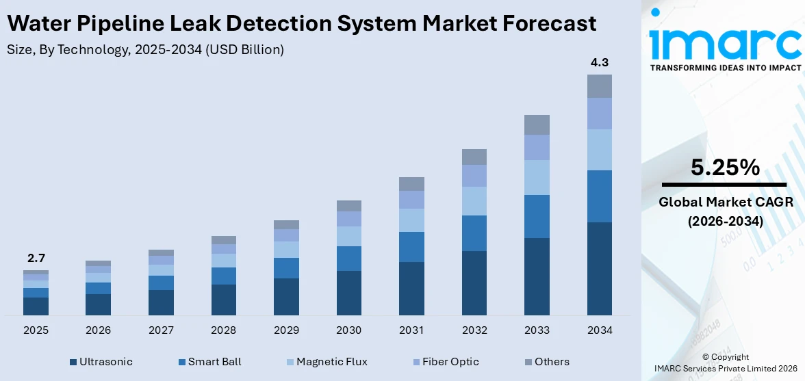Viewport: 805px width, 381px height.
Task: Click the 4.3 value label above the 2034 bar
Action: pyautogui.click(x=599, y=62)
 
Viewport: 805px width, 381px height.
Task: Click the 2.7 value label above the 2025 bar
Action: pyautogui.click(x=36, y=258)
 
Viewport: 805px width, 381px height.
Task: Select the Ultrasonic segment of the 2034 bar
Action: pyautogui.click(x=599, y=268)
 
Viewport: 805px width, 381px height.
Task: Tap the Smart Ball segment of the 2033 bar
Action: pyautogui.click(x=537, y=216)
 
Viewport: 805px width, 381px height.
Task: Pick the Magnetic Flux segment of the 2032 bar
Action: pyautogui.click(x=474, y=201)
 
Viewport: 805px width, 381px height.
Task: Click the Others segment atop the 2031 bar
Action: pyautogui.click(x=411, y=183)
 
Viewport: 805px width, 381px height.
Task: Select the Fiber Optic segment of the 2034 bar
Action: pyautogui.click(x=599, y=114)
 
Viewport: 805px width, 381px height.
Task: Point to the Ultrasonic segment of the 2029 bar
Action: pyautogui.click(x=286, y=296)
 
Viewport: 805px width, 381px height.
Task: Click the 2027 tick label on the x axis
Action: pyautogui.click(x=161, y=330)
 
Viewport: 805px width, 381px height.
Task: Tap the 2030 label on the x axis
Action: pyautogui.click(x=348, y=330)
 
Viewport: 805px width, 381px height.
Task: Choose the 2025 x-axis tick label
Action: pyautogui.click(x=36, y=330)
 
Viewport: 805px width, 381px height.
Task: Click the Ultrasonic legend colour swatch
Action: pyautogui.click(x=73, y=362)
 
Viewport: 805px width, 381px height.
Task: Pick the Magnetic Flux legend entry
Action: pyautogui.click(x=322, y=362)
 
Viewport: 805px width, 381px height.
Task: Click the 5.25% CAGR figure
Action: pyautogui.click(x=724, y=167)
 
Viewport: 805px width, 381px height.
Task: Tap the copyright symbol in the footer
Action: pyautogui.click(x=706, y=357)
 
